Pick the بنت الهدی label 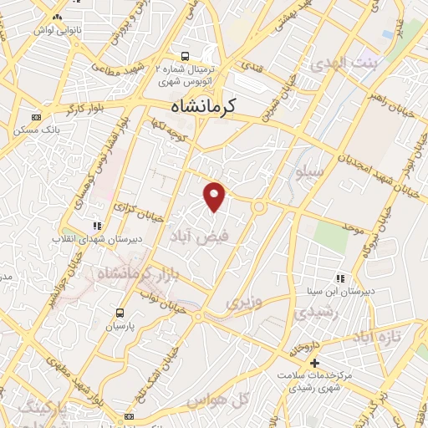click(x=344, y=64)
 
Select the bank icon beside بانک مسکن click(x=35, y=118)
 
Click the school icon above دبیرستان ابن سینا click(x=339, y=278)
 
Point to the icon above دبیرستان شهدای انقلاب click(x=98, y=225)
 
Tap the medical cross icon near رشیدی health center click(x=314, y=363)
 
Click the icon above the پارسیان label click(x=120, y=313)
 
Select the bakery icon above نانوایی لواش click(x=57, y=17)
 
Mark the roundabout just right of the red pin click(x=260, y=205)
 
